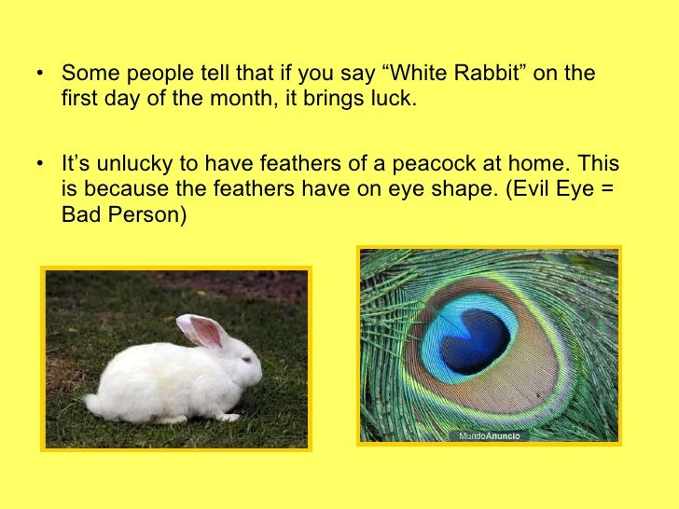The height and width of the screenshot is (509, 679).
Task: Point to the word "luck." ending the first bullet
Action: (388, 99)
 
